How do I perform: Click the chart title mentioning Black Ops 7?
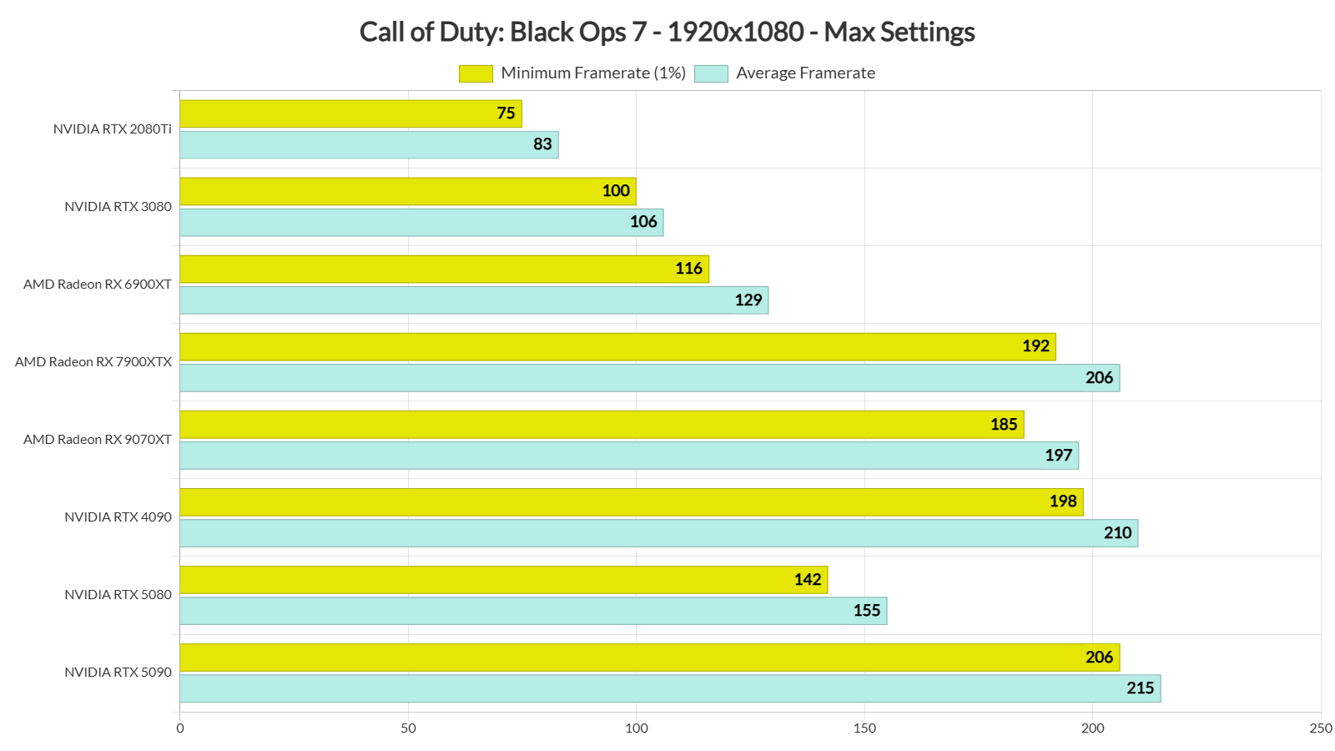667,32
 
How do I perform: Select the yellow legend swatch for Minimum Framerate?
476,73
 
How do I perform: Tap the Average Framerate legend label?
805,73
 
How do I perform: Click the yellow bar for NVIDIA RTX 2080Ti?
350,113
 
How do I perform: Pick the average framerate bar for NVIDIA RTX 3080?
421,222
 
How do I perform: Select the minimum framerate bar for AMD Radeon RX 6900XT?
444,269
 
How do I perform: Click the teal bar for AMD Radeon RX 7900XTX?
649,378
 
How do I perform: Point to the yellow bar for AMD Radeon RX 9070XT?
601,425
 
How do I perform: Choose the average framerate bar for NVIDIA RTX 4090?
658,533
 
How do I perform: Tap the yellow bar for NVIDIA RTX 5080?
503,580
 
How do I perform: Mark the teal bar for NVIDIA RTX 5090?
670,688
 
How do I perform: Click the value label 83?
542,144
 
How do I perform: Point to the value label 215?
1140,688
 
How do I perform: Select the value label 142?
808,580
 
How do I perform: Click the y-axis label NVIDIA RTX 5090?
118,673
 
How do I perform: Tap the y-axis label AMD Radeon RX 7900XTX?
93,362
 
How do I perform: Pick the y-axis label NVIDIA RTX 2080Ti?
112,129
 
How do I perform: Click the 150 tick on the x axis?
864,728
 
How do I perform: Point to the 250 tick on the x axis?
1320,728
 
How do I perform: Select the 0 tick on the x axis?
180,728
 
